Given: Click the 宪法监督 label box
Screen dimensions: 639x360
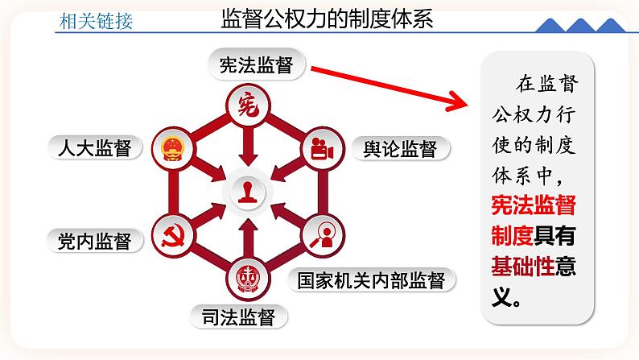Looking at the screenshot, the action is click(255, 66).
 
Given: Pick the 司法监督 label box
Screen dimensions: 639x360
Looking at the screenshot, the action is click(238, 317).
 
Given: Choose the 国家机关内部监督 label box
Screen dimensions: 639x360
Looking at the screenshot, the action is click(371, 280).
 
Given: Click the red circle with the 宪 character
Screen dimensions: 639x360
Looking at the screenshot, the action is click(248, 105).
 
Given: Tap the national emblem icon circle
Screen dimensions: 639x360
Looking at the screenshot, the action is click(171, 148).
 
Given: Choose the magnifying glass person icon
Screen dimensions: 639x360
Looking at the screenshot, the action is click(323, 235).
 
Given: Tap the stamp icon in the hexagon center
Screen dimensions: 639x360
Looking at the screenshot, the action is click(248, 192).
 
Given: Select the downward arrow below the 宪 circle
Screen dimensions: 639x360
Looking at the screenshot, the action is click(248, 145).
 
